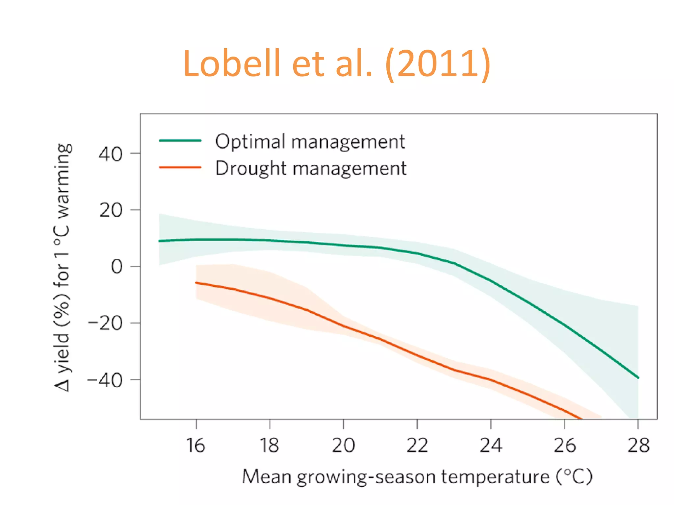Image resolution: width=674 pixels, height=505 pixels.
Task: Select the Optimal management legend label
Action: click(x=310, y=142)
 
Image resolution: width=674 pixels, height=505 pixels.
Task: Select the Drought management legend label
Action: click(x=311, y=168)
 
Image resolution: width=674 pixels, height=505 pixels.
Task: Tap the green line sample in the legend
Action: click(x=180, y=140)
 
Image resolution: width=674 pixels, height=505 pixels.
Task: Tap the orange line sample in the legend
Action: click(x=180, y=167)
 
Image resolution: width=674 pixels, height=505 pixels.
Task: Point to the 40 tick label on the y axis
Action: click(x=111, y=154)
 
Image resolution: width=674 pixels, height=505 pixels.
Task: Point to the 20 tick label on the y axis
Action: click(x=111, y=210)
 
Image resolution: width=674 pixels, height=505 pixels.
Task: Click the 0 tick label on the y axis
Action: click(x=117, y=267)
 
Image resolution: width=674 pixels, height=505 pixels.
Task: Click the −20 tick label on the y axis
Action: click(x=105, y=324)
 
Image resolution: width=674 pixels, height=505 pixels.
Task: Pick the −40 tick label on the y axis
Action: click(x=105, y=381)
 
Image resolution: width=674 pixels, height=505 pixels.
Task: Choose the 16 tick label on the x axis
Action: click(x=196, y=446)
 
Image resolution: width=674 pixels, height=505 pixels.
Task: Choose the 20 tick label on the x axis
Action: click(x=343, y=446)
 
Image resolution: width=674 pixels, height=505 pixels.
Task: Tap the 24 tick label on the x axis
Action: click(x=491, y=446)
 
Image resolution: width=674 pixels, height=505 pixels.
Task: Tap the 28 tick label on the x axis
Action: click(x=638, y=446)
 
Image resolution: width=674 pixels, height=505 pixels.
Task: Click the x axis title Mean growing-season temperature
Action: click(x=417, y=477)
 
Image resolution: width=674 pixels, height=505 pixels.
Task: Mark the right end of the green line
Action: click(x=638, y=378)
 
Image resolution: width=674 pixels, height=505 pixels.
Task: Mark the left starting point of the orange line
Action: click(x=196, y=283)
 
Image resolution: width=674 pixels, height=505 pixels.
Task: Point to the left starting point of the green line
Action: click(x=160, y=241)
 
